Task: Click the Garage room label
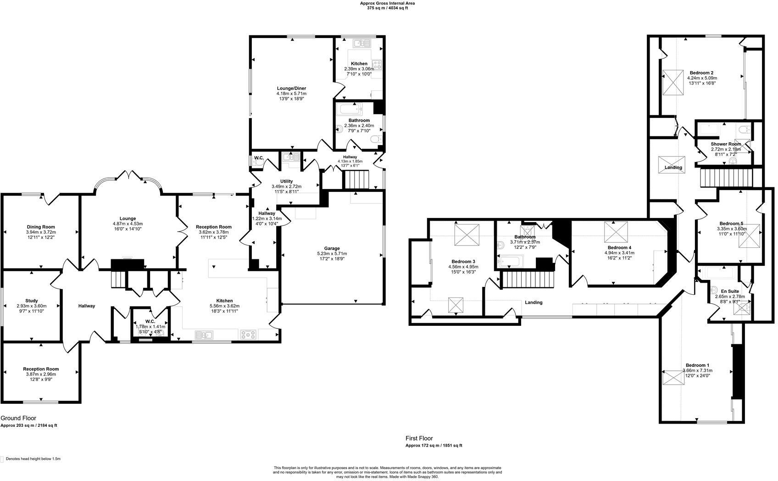pos(332,248)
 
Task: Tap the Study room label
pos(31,301)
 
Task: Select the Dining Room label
pos(40,227)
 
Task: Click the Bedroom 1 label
pos(697,365)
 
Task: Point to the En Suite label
pos(729,291)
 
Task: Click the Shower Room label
pos(726,144)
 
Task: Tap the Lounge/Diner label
pos(291,88)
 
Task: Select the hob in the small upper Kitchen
pos(377,65)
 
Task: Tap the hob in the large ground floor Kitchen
pos(248,335)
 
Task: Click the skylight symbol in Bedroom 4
pos(616,232)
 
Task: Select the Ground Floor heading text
pos(18,418)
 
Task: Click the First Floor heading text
pos(419,438)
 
